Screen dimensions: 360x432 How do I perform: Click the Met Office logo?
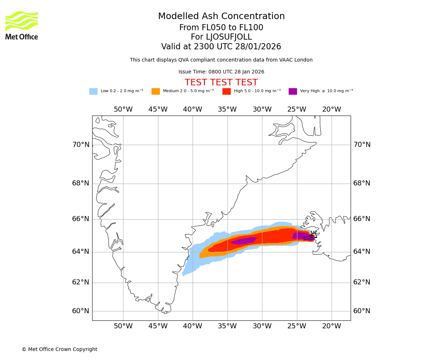click(22, 25)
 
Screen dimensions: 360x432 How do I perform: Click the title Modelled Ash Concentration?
click(221, 17)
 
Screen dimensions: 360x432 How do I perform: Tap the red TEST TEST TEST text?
click(221, 82)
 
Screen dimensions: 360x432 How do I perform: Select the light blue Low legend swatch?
click(93, 91)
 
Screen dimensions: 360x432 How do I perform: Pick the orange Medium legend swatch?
click(156, 91)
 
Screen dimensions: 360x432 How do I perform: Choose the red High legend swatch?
click(226, 91)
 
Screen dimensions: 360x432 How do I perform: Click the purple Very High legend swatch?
click(293, 91)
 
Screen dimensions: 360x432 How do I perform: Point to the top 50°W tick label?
click(123, 109)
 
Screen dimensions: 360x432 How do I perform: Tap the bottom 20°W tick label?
click(332, 326)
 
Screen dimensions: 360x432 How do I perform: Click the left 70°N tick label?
click(81, 145)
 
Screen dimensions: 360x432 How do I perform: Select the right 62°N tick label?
click(362, 282)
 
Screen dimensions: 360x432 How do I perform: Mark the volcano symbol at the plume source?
click(313, 235)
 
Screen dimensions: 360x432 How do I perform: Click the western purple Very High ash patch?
click(244, 241)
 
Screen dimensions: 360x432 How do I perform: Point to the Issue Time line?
click(221, 72)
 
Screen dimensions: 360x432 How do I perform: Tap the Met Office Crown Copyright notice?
click(59, 349)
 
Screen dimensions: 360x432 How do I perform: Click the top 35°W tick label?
click(227, 109)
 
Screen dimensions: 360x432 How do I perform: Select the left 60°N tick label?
click(81, 311)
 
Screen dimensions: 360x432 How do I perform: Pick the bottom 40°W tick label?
click(193, 326)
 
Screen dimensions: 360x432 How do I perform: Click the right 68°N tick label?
click(362, 183)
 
